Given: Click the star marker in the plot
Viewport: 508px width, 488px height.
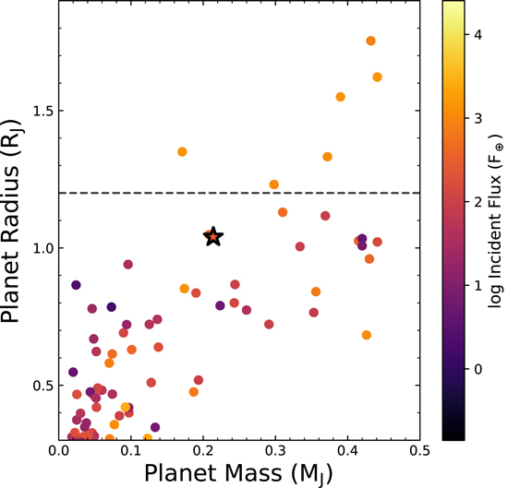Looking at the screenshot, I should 213,237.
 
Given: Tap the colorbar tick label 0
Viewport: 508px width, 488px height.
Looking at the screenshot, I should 478,369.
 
